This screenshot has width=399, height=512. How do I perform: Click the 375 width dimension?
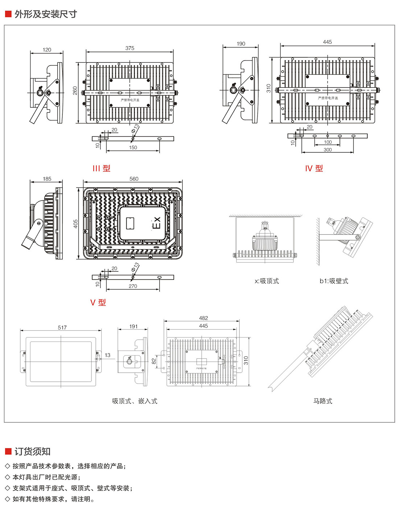click(130, 48)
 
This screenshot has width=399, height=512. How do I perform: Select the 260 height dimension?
click(75, 90)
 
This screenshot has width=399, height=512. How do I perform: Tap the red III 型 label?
click(101, 168)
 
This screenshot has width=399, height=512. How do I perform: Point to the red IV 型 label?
click(314, 168)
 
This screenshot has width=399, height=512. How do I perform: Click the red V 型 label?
click(98, 302)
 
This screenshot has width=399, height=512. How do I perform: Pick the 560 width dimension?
click(134, 179)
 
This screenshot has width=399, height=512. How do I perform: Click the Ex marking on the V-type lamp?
click(156, 222)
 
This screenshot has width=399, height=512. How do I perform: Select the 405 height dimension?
click(76, 224)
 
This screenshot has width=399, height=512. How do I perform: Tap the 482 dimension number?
click(203, 318)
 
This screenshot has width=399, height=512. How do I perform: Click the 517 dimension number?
click(62, 328)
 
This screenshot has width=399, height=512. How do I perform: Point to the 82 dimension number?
click(154, 361)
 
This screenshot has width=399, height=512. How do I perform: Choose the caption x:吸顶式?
click(267, 281)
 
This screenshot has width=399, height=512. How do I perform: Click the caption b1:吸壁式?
click(334, 281)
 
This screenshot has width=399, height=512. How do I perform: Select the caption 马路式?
click(323, 401)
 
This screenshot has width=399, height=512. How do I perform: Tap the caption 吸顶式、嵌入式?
click(135, 401)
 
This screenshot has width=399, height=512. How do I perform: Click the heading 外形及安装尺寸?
click(46, 14)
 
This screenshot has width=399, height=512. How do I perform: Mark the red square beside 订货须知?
click(8, 451)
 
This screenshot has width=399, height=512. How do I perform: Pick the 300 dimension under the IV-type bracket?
click(328, 150)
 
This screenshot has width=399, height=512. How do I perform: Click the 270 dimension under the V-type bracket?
click(133, 286)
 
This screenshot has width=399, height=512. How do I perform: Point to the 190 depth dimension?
click(241, 44)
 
